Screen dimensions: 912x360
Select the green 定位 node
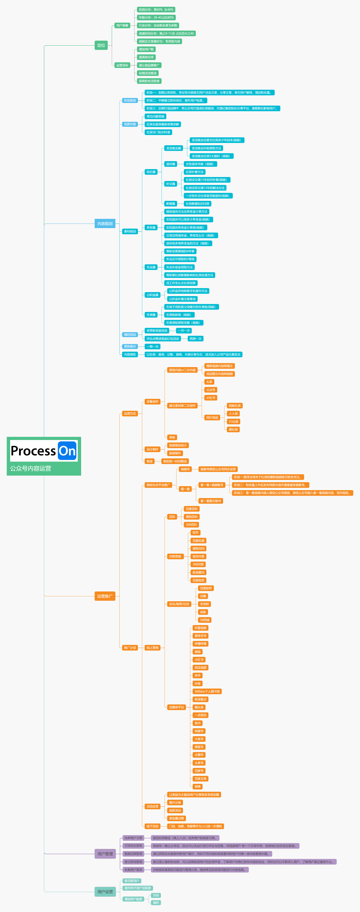click(x=101, y=45)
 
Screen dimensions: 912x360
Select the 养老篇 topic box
click(x=151, y=228)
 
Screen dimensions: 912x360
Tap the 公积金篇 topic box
click(x=153, y=295)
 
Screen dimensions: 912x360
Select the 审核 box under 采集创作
click(x=172, y=438)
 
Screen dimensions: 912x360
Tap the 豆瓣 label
click(x=203, y=596)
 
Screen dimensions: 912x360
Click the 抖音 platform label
click(x=198, y=684)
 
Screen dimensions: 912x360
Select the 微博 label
click(x=198, y=787)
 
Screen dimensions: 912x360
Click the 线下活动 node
click(x=153, y=826)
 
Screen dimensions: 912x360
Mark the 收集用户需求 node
click(x=133, y=870)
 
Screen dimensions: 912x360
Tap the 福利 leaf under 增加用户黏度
click(x=156, y=903)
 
